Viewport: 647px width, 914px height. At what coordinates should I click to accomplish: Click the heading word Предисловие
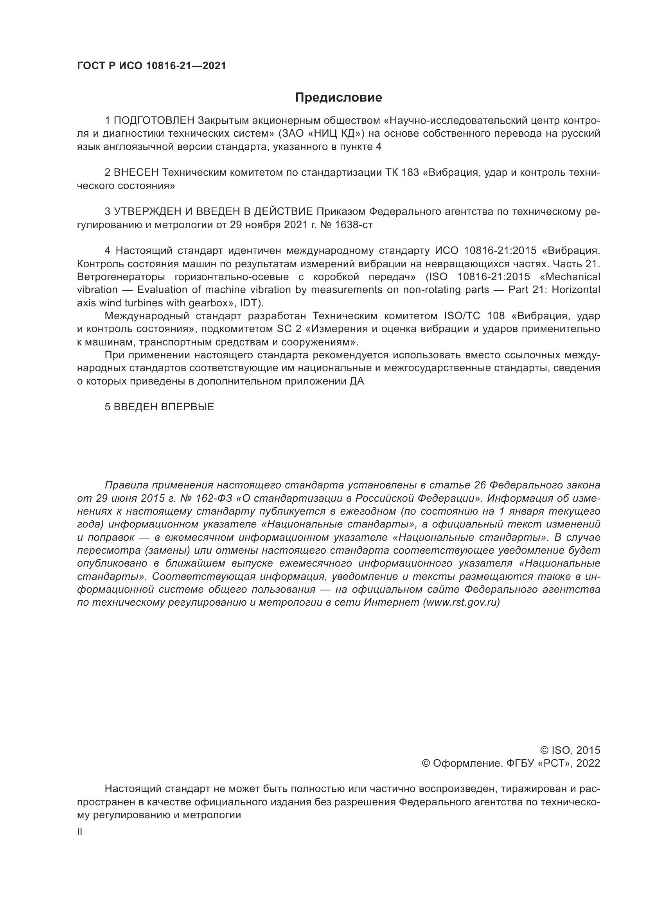[x=338, y=98]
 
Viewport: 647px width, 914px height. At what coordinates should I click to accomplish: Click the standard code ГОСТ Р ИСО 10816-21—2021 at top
[x=151, y=66]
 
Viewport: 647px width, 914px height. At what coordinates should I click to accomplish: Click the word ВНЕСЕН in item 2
[x=136, y=173]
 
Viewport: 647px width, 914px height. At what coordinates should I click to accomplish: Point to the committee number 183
[x=411, y=173]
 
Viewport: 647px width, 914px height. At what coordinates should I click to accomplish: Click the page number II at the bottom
[x=80, y=832]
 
